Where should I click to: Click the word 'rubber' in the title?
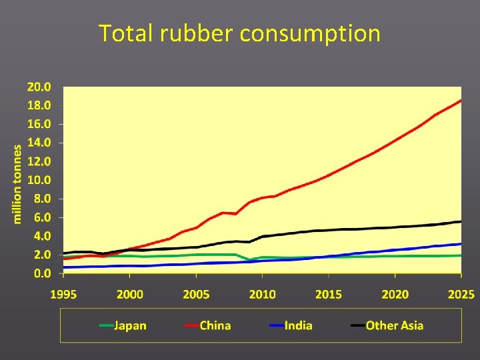click(196, 33)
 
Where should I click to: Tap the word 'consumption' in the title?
click(310, 34)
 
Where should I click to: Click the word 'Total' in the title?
click(127, 33)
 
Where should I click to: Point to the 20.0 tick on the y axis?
click(39, 87)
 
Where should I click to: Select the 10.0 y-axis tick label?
click(39, 180)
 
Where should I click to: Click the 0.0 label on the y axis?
click(41, 273)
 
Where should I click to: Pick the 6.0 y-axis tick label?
click(41, 217)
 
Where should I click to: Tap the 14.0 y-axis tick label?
click(39, 143)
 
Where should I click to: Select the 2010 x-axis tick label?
click(263, 295)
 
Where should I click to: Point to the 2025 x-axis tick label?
click(461, 295)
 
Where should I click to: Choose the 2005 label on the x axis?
click(197, 295)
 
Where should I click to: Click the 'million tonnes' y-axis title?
click(18, 184)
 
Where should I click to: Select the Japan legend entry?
click(130, 325)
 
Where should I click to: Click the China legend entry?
click(215, 325)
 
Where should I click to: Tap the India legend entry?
click(298, 325)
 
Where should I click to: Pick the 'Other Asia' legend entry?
click(394, 325)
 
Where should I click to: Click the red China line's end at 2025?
click(461, 101)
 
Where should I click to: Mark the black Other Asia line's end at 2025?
click(461, 221)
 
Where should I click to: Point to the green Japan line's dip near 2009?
click(249, 259)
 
